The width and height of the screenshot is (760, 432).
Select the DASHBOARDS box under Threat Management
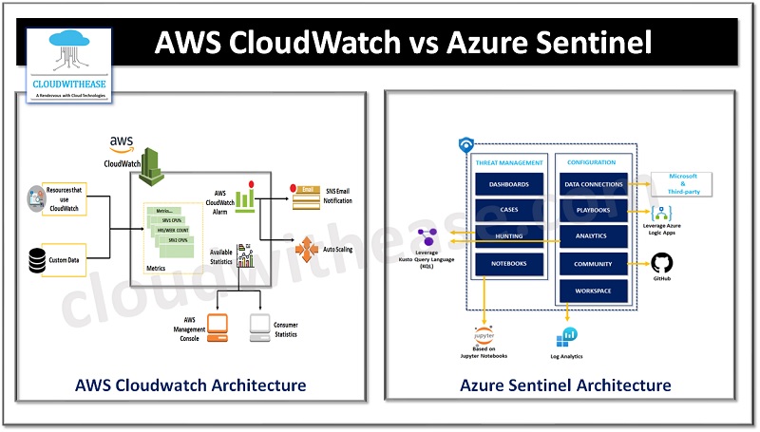click(508, 183)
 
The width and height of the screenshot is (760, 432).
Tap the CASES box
click(508, 210)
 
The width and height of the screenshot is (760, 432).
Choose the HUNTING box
click(508, 235)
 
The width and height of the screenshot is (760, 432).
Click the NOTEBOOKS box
click(508, 262)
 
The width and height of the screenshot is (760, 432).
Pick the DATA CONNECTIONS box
click(594, 183)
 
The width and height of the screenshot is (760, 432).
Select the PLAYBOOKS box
click(594, 210)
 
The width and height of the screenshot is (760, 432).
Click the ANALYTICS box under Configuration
click(594, 235)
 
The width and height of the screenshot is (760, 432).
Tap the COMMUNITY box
click(594, 263)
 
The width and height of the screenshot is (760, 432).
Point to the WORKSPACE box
click(594, 290)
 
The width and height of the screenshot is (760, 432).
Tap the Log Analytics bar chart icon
click(569, 336)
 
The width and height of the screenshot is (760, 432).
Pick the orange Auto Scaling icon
click(309, 250)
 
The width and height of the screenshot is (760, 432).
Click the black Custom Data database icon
click(39, 259)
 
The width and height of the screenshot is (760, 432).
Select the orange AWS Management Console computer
click(218, 327)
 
